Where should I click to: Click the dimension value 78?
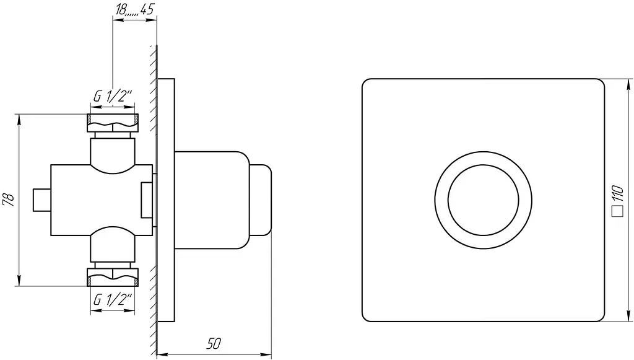tap(9, 200)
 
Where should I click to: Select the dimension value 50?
tap(214, 343)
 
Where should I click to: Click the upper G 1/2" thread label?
tap(113, 96)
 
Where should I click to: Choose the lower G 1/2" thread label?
tap(113, 300)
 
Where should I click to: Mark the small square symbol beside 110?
tap(617, 211)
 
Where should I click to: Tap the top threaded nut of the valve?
tap(113, 123)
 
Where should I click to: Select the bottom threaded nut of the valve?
tap(113, 277)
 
